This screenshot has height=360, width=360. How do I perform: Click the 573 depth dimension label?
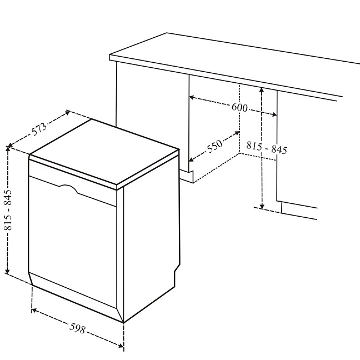point(39,129)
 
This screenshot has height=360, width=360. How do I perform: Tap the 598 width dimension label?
point(78,328)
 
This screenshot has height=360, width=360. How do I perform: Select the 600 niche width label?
point(239,107)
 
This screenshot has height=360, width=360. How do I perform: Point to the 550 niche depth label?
point(215,146)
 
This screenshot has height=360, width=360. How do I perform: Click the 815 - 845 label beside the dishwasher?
point(8,210)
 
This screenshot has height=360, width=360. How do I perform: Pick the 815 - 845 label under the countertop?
point(267,148)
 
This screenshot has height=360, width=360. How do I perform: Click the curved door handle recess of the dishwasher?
point(69,189)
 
